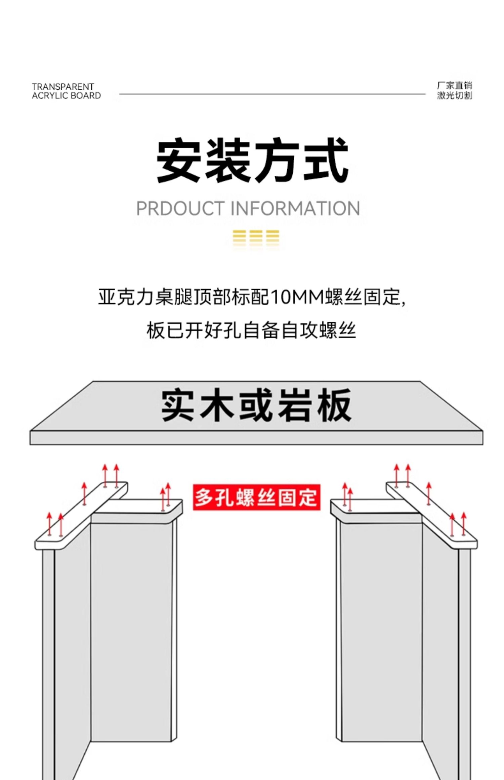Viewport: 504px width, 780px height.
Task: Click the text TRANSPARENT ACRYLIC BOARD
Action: (x=66, y=91)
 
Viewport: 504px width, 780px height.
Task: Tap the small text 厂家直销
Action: (x=454, y=86)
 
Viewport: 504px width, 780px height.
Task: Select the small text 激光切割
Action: (x=454, y=96)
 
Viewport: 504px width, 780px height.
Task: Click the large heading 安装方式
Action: (x=252, y=160)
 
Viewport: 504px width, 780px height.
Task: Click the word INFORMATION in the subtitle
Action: (x=295, y=208)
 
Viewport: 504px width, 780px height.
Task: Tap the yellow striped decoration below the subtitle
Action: (x=256, y=236)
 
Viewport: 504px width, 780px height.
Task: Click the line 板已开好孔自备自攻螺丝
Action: (x=251, y=330)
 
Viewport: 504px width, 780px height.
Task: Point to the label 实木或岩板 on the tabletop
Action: (x=256, y=405)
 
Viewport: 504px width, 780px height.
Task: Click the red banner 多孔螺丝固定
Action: (x=256, y=497)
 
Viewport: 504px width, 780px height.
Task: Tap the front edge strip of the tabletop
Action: (x=256, y=438)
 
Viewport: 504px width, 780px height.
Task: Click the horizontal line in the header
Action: (x=272, y=94)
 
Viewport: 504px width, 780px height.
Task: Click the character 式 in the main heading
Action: (x=325, y=160)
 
